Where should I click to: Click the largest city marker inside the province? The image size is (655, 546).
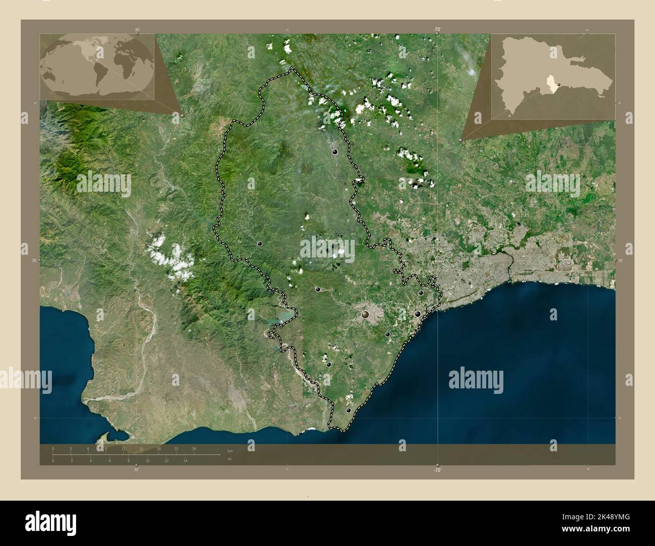click(x=365, y=315)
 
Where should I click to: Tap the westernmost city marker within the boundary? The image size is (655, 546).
click(x=259, y=243)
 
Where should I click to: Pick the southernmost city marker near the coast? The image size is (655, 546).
click(x=348, y=411)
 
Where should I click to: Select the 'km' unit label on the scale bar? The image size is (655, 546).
click(x=230, y=450)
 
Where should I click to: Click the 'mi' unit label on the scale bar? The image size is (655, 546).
click(x=230, y=458)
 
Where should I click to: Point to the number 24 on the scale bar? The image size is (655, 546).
click(x=194, y=448)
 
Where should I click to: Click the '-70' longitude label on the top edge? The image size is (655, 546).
click(x=436, y=30)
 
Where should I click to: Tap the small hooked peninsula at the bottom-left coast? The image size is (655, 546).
click(x=108, y=435)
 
